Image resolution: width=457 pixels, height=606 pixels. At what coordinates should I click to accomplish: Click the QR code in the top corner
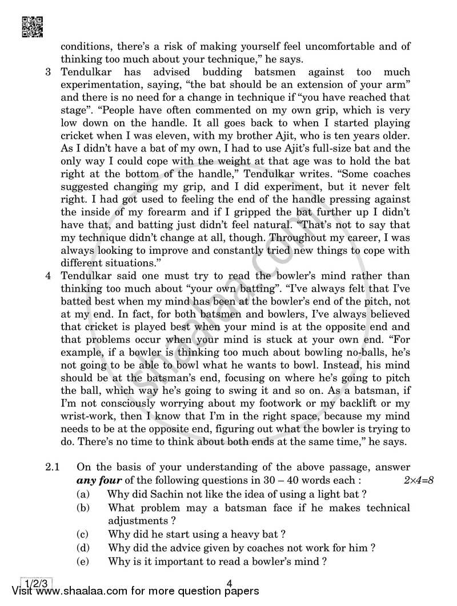click(31, 27)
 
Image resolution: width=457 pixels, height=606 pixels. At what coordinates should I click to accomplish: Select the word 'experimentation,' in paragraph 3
click(101, 85)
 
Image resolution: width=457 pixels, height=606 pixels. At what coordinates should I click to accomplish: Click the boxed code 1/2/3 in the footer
click(37, 583)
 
